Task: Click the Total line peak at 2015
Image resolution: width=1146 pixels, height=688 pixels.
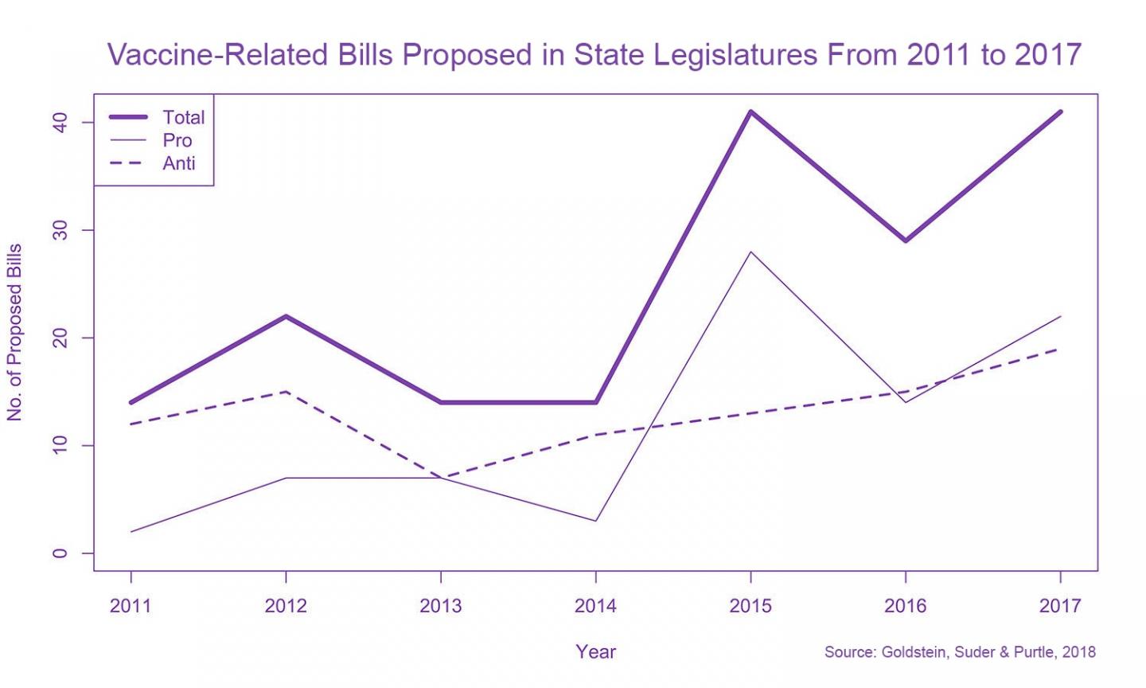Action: coord(750,111)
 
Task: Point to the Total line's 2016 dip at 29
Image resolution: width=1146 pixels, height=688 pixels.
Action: coord(906,240)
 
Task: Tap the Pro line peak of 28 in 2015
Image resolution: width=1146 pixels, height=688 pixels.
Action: coord(750,252)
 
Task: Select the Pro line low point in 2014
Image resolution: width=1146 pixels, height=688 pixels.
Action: coord(595,521)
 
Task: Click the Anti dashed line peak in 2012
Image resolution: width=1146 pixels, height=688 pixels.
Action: coord(286,391)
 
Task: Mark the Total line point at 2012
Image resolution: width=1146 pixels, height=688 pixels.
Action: coord(286,316)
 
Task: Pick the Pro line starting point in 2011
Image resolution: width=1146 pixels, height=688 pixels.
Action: coord(131,531)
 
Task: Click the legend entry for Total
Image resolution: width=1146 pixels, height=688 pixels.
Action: coord(183,117)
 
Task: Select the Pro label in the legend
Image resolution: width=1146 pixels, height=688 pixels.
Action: coord(177,140)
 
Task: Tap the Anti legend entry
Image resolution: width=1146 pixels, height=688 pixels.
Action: coord(178,163)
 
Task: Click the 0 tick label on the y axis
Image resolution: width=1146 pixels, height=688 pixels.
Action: coord(60,553)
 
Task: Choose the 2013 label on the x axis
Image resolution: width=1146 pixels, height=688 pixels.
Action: coord(440,606)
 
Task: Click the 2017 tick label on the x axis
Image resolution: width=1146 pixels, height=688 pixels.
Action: coord(1060,606)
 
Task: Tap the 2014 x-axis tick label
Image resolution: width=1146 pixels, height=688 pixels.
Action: coord(595,606)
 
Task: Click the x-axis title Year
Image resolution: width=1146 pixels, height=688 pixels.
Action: coord(595,651)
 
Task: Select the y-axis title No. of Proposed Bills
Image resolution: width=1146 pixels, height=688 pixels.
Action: coord(14,332)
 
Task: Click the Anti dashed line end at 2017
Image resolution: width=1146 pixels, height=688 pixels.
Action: coord(1058,349)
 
